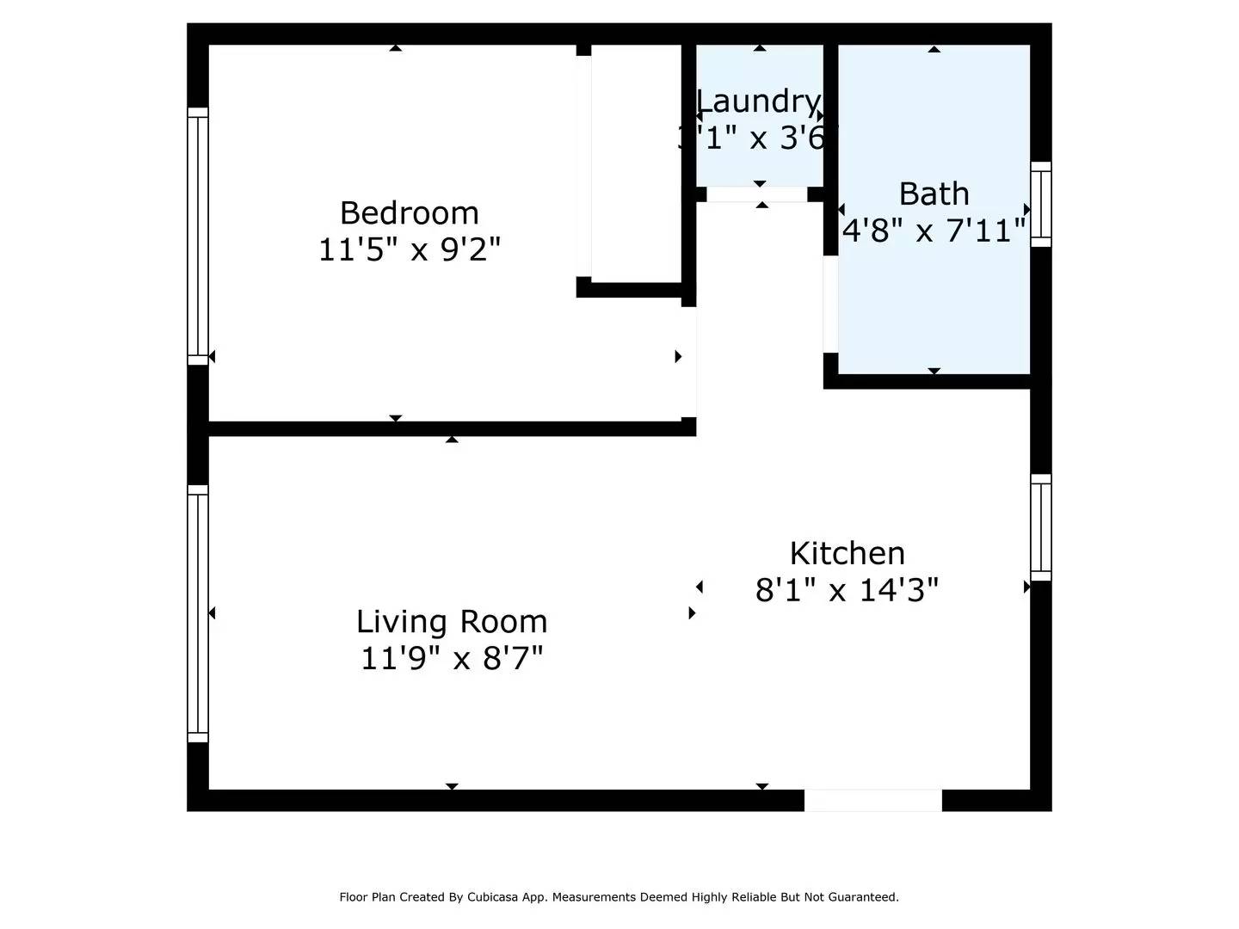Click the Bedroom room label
[x=409, y=212]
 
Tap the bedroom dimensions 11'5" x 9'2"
[x=409, y=250]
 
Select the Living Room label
[x=452, y=621]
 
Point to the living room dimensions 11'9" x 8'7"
[x=452, y=659]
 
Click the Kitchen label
[x=847, y=553]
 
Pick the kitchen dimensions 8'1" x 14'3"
[x=847, y=590]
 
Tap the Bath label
[x=934, y=194]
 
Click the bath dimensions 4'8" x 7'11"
[x=934, y=231]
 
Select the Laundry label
[x=758, y=102]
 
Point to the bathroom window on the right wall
[x=1041, y=205]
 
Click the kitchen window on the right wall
[x=1041, y=527]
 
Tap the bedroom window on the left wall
[x=198, y=237]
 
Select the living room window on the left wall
[x=198, y=613]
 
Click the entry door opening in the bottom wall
[x=872, y=800]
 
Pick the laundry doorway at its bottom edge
[x=757, y=194]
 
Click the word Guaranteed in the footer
[x=863, y=897]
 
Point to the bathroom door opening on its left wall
[x=830, y=305]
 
